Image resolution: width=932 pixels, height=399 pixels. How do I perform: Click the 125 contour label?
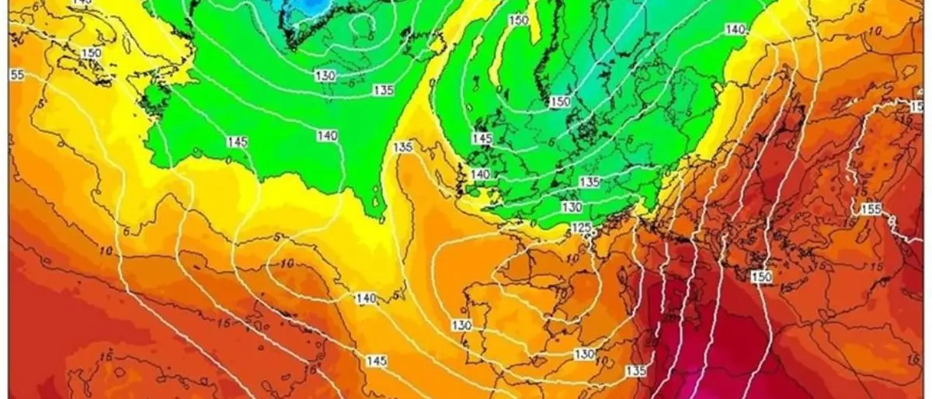point(580,227)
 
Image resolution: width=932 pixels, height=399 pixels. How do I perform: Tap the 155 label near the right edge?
point(871,210)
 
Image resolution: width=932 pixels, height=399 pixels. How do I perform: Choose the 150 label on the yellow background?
point(92,53)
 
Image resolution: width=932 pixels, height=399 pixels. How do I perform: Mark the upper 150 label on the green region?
point(519,19)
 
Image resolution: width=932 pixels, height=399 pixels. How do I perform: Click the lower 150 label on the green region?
point(560,102)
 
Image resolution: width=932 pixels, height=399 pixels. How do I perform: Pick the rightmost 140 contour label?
point(735,29)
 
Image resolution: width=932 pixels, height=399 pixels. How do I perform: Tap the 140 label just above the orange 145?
point(366,299)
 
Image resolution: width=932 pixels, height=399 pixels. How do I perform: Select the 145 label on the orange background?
point(377,361)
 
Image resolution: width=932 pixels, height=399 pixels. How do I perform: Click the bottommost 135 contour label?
point(636,371)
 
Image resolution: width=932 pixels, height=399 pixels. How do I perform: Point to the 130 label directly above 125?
point(572,207)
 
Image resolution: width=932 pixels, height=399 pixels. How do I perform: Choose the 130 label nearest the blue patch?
point(325,75)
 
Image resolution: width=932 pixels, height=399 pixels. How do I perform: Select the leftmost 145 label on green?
point(238,142)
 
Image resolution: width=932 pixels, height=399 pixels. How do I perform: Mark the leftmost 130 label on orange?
point(461,324)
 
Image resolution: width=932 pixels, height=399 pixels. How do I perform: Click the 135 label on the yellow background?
point(402,147)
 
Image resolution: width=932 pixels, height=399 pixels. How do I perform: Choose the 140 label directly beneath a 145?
point(481,175)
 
